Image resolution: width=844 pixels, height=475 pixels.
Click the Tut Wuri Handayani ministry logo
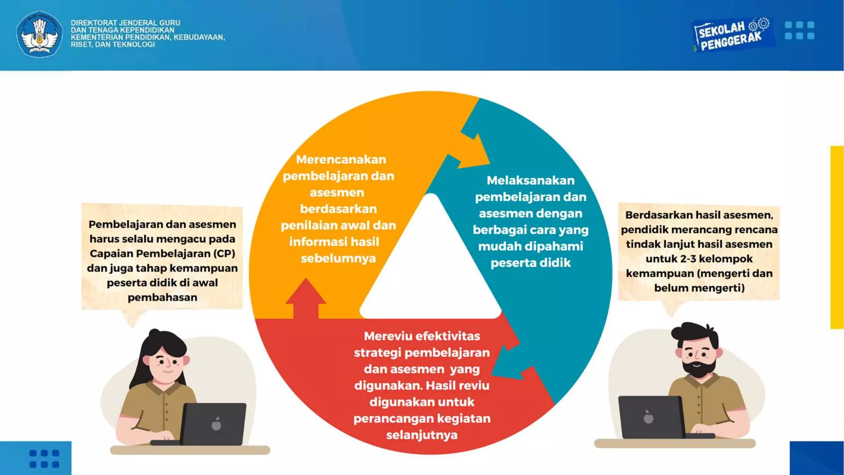pos(40,34)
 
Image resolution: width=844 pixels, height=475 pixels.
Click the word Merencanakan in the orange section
pos(341,160)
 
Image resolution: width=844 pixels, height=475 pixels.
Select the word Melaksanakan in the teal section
pos(530,181)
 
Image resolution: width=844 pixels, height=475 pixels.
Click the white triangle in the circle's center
pos(430,268)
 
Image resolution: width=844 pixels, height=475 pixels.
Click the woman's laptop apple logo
pos(216,424)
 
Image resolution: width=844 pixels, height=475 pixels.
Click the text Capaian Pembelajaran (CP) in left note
pos(162,254)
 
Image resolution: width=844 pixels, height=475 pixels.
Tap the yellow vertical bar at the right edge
pos(837,237)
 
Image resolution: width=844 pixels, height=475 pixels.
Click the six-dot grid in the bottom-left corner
pos(45,459)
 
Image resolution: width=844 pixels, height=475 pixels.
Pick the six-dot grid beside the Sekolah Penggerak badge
pos(799,31)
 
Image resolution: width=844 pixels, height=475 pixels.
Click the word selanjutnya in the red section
pos(422,435)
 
